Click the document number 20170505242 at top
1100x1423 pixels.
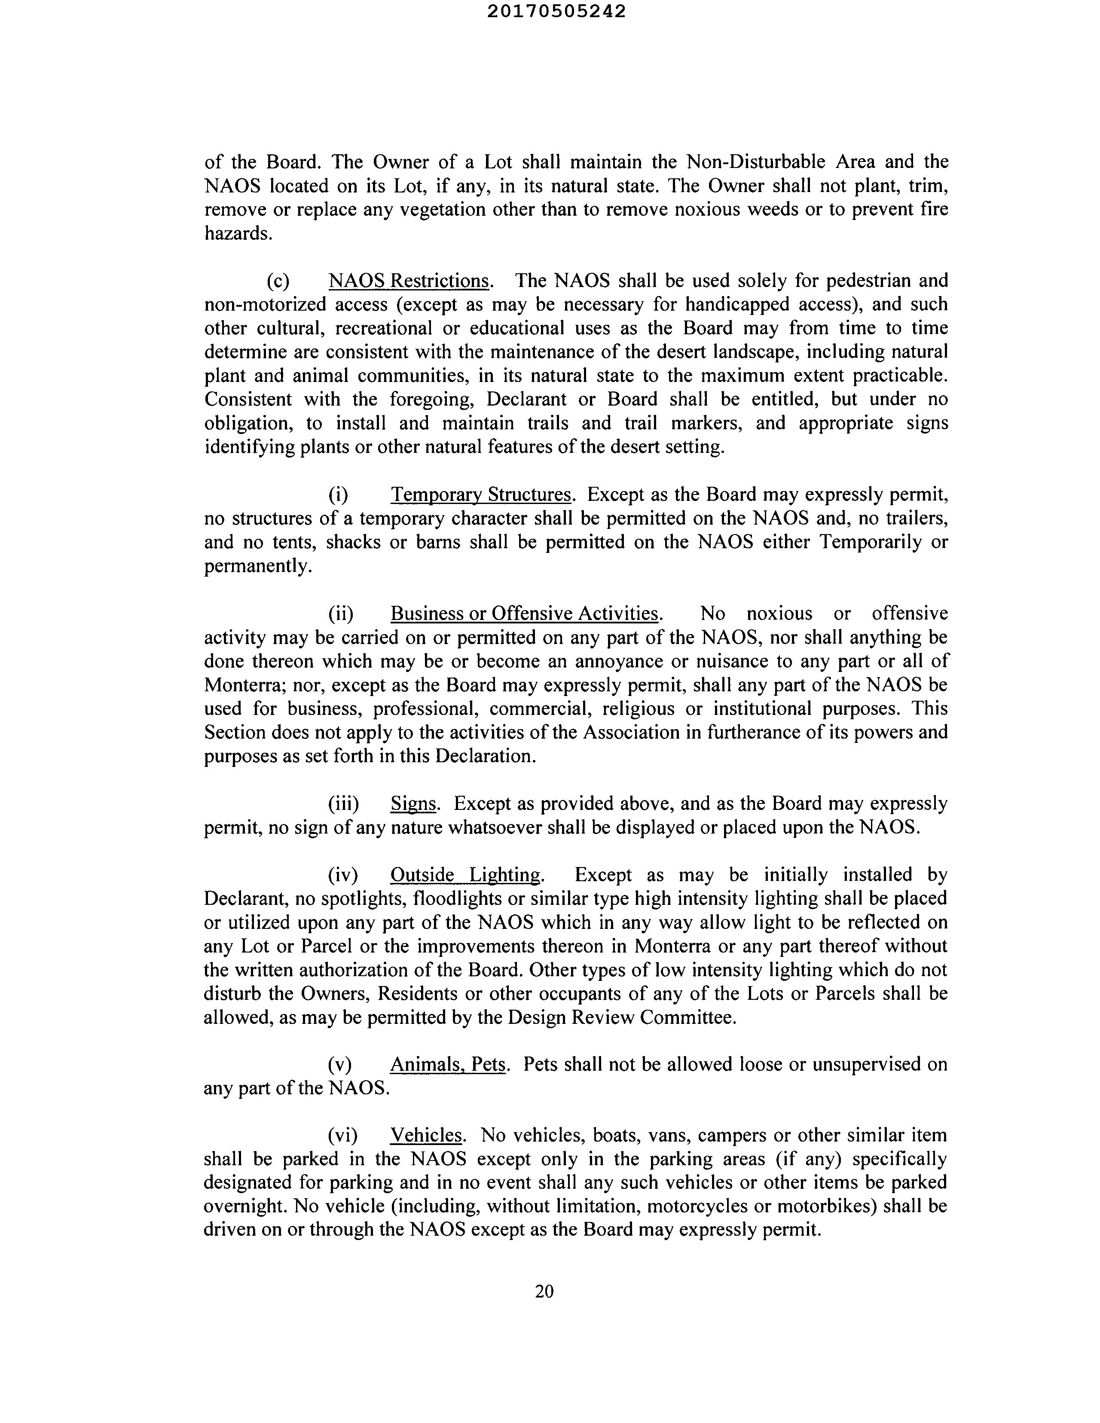[556, 12]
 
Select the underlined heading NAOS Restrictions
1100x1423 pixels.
[409, 281]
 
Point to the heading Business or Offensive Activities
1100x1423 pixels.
[525, 614]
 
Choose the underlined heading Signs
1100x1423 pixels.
[413, 804]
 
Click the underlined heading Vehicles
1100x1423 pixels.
[426, 1136]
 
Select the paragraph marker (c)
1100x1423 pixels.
[278, 281]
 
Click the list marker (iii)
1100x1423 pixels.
[343, 804]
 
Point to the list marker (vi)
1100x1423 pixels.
[343, 1136]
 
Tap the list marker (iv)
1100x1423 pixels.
[343, 875]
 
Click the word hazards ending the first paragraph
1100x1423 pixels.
[237, 233]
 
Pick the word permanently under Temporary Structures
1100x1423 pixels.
[257, 566]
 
